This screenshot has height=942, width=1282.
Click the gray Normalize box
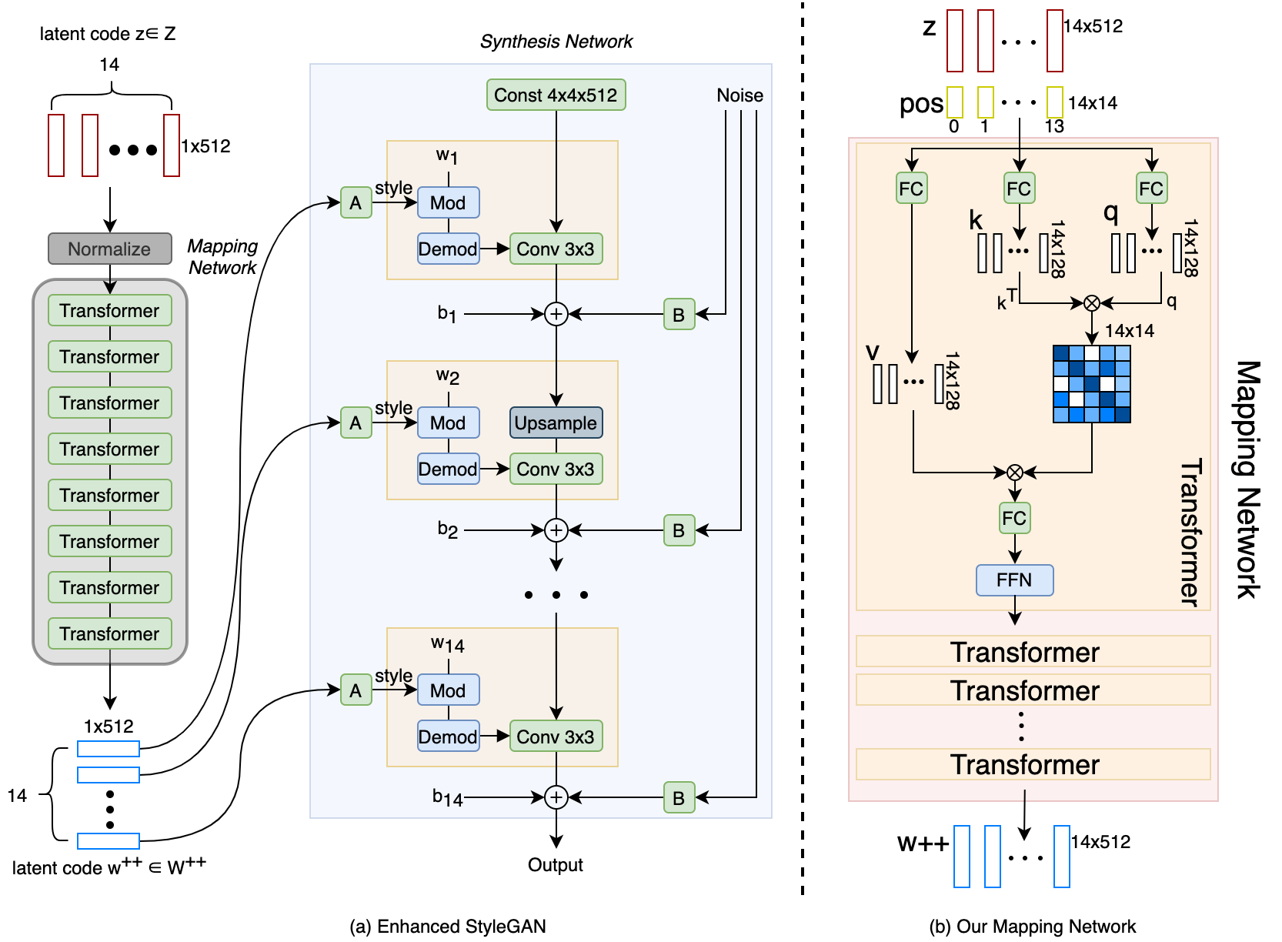[x=109, y=249]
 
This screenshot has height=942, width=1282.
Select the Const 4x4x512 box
[x=556, y=95]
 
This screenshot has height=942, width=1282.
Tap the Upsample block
[x=556, y=423]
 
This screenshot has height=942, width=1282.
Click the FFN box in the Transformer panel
[x=1014, y=580]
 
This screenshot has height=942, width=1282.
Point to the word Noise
[x=739, y=95]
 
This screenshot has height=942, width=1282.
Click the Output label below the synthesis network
[x=555, y=865]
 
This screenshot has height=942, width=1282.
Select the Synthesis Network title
[x=556, y=42]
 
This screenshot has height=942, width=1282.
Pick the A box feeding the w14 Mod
[x=356, y=690]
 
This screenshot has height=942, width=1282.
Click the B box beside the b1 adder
[x=679, y=314]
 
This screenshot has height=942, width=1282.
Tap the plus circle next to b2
[x=556, y=530]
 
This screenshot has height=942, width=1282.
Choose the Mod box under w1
[x=448, y=202]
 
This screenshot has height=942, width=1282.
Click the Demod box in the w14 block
[x=448, y=737]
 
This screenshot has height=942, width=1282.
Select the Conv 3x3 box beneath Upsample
[x=556, y=469]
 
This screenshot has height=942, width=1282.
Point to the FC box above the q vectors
[x=1151, y=189]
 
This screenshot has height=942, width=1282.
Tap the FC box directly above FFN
[x=1014, y=518]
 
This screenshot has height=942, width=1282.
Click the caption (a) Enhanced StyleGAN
[x=448, y=927]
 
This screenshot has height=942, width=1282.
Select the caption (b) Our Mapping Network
[x=1033, y=927]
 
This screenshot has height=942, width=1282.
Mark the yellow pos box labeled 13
[x=1055, y=102]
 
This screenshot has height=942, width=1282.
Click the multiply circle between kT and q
[x=1091, y=303]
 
